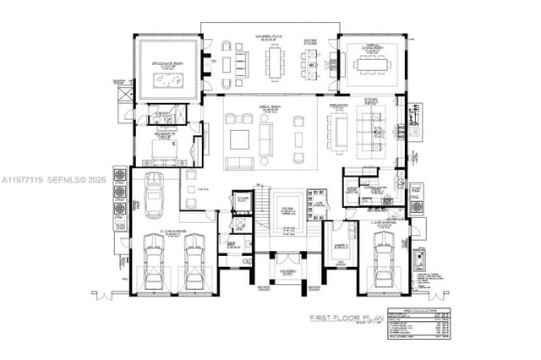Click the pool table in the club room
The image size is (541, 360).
pyautogui.click(x=169, y=80)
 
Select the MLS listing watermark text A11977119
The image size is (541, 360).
pyautogui.click(x=23, y=180)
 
